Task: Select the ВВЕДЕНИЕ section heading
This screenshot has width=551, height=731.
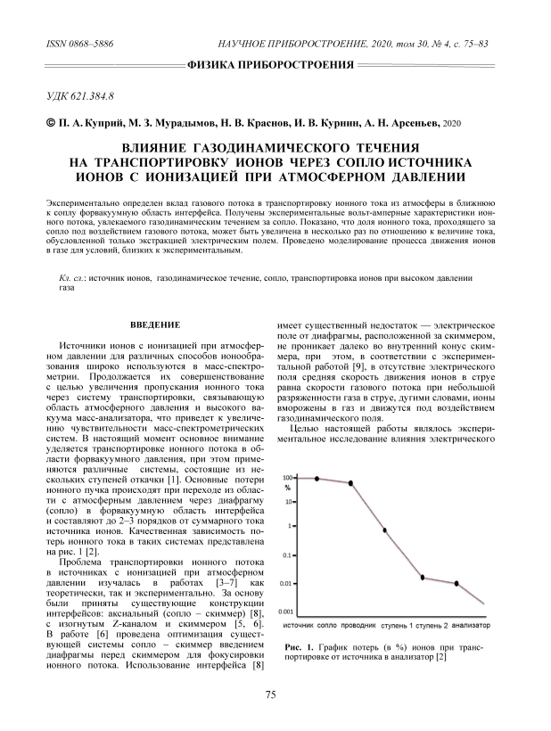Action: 156,323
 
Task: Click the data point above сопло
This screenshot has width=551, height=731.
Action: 317,479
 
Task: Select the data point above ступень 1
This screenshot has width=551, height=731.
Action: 424,578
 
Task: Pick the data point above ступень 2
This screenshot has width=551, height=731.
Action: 456,583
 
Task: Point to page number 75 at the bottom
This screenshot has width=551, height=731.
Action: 273,693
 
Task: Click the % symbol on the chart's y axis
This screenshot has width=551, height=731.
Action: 287,488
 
